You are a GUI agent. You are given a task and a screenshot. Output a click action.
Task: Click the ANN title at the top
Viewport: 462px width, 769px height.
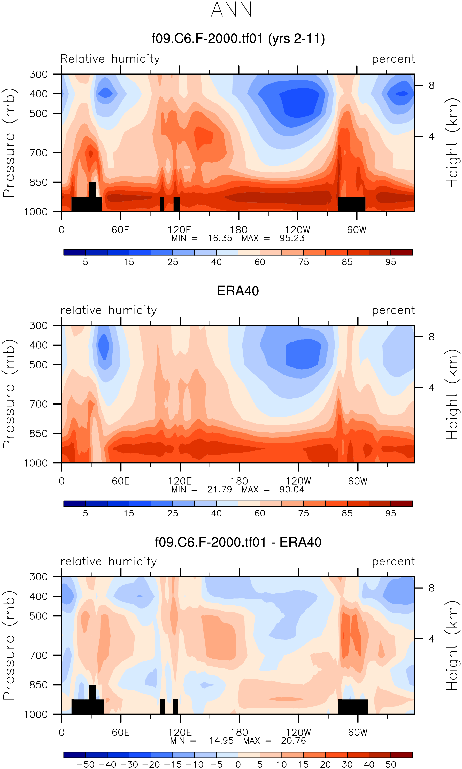[x=231, y=9]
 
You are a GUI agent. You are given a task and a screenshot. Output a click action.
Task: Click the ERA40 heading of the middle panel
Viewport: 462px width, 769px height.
[x=238, y=291]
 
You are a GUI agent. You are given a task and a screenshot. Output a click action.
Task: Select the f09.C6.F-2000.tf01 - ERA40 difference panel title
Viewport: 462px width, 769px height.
[x=238, y=542]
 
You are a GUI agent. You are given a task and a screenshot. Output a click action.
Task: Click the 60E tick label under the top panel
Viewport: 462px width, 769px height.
[x=120, y=230]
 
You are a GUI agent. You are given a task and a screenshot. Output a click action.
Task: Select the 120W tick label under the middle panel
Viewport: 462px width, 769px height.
[x=298, y=481]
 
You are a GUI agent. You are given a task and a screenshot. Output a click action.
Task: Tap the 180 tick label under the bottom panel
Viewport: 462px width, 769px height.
[x=239, y=732]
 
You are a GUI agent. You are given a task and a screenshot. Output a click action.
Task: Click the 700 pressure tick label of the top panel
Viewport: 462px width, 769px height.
[x=38, y=153]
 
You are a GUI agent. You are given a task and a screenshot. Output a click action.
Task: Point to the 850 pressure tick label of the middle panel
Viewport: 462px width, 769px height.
[x=38, y=433]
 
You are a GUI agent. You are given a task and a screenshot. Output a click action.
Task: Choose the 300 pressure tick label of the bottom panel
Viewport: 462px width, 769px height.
[x=38, y=577]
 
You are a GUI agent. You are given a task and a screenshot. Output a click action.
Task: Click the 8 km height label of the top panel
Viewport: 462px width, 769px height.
[x=432, y=86]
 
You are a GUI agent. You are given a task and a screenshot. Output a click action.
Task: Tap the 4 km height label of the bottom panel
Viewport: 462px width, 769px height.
[x=432, y=639]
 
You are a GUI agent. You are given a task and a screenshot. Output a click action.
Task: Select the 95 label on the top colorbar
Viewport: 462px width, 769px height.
[x=391, y=262]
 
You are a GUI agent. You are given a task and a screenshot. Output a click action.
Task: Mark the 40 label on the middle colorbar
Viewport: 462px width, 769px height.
[x=216, y=513]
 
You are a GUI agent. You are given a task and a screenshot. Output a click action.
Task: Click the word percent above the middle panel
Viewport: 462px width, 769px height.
[x=394, y=310]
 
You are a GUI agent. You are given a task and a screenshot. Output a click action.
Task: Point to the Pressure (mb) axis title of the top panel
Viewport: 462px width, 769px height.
[x=9, y=143]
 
